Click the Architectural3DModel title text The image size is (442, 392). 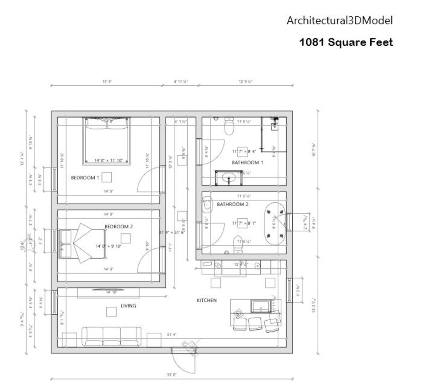pyautogui.click(x=339, y=21)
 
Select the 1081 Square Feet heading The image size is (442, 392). pyautogui.click(x=346, y=42)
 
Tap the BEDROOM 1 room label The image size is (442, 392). pyautogui.click(x=85, y=178)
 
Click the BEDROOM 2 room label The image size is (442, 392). pyautogui.click(x=119, y=226)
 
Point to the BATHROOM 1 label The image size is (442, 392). pyautogui.click(x=247, y=162)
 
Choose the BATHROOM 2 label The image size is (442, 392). pyautogui.click(x=232, y=204)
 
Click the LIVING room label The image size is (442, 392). pyautogui.click(x=128, y=306)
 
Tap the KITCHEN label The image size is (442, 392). pyautogui.click(x=207, y=300)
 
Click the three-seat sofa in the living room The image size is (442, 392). pyautogui.click(x=111, y=336)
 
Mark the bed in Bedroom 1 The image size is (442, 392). pyautogui.click(x=106, y=141)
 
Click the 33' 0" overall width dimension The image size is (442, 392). pyautogui.click(x=172, y=375)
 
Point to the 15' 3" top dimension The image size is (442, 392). pyautogui.click(x=107, y=82)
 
